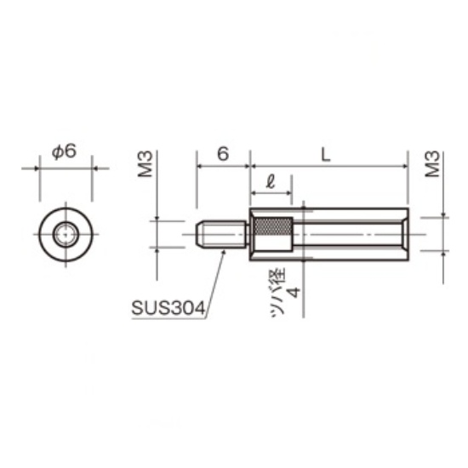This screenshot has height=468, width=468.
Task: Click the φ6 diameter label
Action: (64, 152)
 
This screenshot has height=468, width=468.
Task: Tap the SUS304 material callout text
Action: (168, 308)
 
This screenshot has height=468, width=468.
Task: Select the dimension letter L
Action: (326, 155)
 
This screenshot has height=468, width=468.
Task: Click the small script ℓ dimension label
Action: (271, 182)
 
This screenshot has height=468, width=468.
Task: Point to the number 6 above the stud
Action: (223, 154)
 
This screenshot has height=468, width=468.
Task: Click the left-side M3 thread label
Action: (146, 164)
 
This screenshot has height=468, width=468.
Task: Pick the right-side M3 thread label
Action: (432, 164)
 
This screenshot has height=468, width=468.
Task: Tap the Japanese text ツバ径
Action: (278, 293)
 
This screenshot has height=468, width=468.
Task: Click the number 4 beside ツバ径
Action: (294, 293)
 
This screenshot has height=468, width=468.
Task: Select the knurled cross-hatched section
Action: (272, 226)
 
